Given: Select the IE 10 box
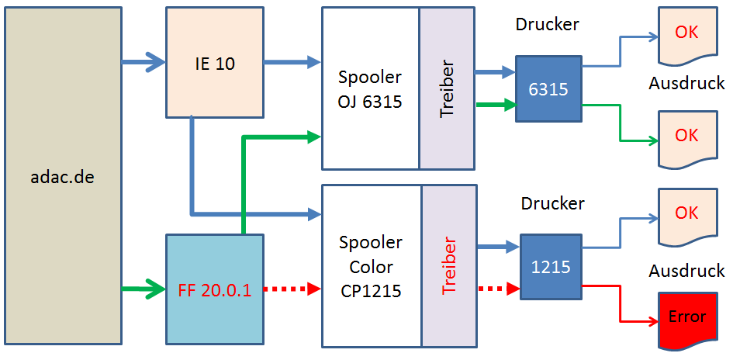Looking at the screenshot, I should point(215,64).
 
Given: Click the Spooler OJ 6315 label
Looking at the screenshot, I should point(370,88).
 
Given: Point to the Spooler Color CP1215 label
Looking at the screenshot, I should point(370,267).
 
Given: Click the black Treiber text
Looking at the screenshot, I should point(447,88).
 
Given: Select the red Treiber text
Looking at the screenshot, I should point(449,266).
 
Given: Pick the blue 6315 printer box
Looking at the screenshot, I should point(548,88).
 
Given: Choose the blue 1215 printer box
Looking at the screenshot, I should point(551,267).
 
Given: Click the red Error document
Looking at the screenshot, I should point(686,317).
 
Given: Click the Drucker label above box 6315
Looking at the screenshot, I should point(547,24).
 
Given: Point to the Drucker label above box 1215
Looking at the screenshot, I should point(552,204).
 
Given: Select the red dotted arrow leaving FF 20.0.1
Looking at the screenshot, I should point(292,289).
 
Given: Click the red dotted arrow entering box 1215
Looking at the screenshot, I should point(497,289).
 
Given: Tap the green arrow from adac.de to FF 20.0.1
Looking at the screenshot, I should point(144,289).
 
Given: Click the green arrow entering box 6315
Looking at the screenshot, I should point(496,104).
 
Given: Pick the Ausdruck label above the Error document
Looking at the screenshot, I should point(686,271).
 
